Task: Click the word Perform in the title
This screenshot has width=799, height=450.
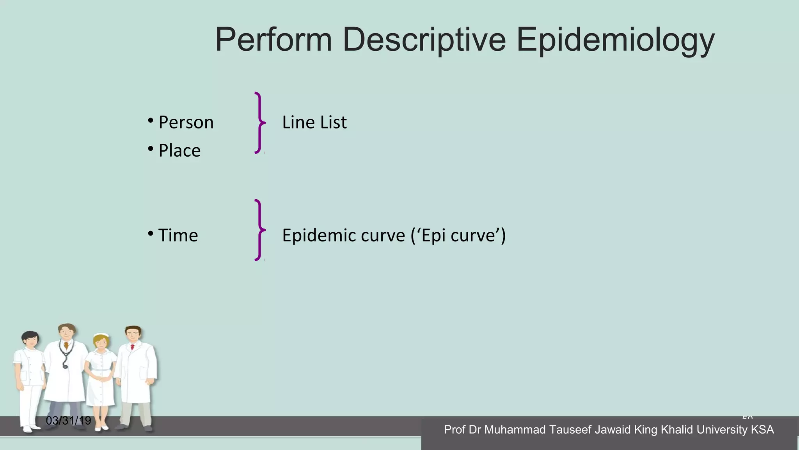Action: [273, 40]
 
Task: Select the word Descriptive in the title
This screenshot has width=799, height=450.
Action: [424, 40]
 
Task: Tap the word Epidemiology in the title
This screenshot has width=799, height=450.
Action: [615, 40]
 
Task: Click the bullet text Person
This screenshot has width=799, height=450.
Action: [186, 123]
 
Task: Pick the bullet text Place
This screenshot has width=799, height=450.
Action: [179, 151]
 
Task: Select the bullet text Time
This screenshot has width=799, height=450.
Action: [178, 236]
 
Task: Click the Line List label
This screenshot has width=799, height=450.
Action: [314, 122]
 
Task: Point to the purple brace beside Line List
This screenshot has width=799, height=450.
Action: [259, 123]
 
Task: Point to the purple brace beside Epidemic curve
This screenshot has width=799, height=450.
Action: [259, 230]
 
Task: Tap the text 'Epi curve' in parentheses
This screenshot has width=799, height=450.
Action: [458, 236]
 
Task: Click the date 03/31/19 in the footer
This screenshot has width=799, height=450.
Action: [68, 421]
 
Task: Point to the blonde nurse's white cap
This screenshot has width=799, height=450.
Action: [101, 335]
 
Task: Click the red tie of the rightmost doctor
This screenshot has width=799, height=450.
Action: [133, 347]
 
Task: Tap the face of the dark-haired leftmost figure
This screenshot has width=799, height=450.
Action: [30, 341]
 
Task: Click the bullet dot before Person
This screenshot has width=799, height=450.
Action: [151, 121]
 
